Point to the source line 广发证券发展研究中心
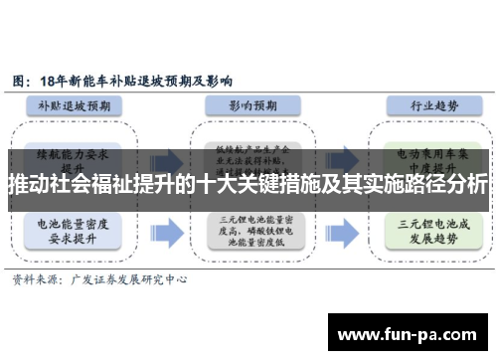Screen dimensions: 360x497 click(133, 281)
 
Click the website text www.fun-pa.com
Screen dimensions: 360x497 click(412, 332)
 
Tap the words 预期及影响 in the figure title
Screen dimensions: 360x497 click(204, 79)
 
